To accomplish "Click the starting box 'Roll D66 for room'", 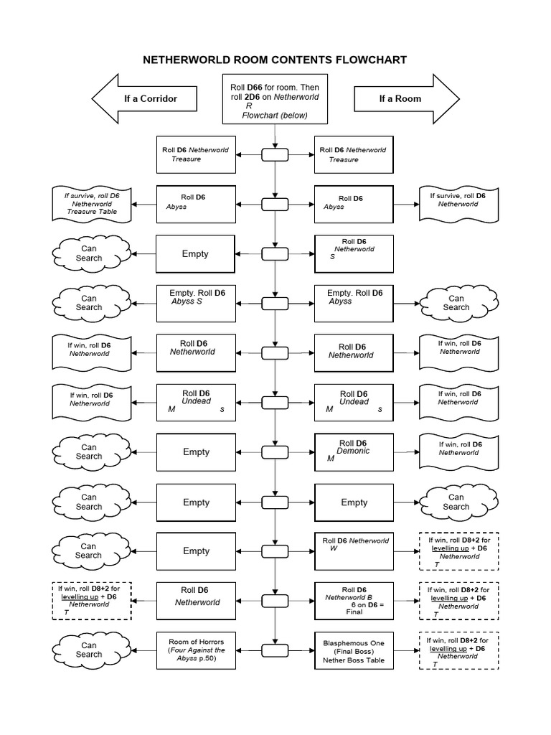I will point(275,100).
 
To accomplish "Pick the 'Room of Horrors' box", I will point(196,650).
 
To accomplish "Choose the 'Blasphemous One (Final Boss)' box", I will point(354,650).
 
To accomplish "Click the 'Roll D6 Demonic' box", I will point(354,452).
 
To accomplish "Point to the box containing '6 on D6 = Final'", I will point(354,601).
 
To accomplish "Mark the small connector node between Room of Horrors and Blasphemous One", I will point(275,650).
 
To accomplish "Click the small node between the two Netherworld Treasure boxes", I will point(275,154).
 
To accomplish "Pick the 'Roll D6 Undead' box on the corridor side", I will point(196,403).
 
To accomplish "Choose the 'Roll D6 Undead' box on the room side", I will point(354,403).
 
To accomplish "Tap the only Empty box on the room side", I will point(354,502).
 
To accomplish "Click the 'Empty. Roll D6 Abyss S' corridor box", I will point(196,303).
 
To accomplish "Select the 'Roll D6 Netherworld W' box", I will point(354,551).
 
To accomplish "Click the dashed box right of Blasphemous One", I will point(457,650).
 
